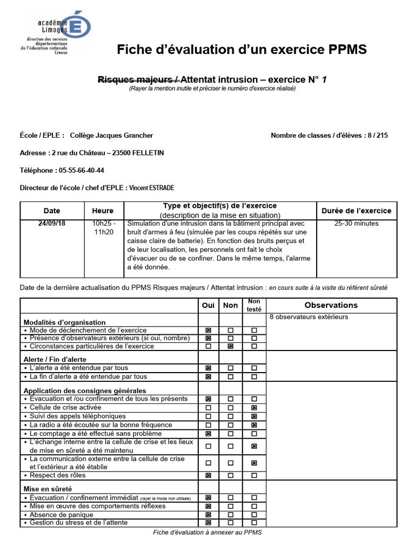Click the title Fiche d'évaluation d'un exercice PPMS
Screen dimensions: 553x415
click(x=242, y=50)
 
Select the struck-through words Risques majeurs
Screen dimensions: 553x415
click(x=139, y=80)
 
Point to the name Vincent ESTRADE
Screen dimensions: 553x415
click(x=152, y=188)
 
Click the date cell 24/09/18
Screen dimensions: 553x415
click(x=52, y=224)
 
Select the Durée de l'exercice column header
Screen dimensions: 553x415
click(x=356, y=211)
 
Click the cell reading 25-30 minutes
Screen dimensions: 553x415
click(x=356, y=224)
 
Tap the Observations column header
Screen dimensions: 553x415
click(x=331, y=305)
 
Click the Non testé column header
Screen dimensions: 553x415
click(x=253, y=305)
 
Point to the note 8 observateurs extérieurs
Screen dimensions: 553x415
click(x=309, y=317)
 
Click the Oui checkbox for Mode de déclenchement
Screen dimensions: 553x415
click(x=209, y=330)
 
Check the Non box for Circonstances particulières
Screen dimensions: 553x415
click(x=231, y=346)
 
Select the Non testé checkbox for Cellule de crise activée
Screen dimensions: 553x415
click(x=254, y=408)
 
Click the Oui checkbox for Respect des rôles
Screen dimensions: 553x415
click(x=209, y=475)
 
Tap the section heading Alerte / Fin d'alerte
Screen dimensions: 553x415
click(x=55, y=359)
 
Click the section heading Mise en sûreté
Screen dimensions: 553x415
click(x=49, y=488)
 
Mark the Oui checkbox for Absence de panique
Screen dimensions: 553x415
click(x=209, y=515)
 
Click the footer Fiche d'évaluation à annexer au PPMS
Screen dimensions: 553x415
click(x=207, y=532)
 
